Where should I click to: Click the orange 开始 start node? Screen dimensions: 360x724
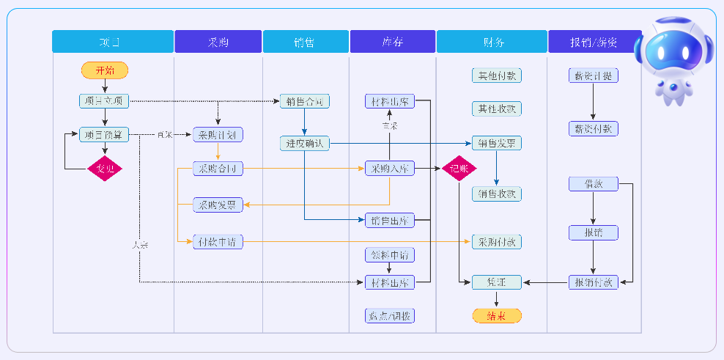tap(105, 70)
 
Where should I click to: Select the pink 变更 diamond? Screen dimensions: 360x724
tap(105, 168)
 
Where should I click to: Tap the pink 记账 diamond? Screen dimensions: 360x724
tap(459, 168)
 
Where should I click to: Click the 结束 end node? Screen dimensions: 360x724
tap(496, 316)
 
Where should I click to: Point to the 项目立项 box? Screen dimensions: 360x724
tap(104, 100)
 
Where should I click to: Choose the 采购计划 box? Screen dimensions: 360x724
tap(218, 135)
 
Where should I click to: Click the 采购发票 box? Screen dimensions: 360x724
tap(218, 205)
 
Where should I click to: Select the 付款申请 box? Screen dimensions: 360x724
tap(218, 240)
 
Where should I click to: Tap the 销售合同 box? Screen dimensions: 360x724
tap(304, 101)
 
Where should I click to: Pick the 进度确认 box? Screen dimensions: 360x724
tap(304, 144)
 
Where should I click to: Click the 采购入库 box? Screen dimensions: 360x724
tap(390, 169)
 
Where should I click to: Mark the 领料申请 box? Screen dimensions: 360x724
tap(390, 255)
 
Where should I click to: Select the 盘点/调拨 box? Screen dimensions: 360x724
tap(390, 316)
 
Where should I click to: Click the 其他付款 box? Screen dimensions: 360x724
tap(496, 76)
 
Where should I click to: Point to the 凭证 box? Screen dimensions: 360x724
tap(496, 282)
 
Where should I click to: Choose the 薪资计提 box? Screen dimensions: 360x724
tap(593, 76)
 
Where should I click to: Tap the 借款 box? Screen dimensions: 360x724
tap(593, 184)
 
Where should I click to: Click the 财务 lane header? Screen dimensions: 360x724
tap(492, 42)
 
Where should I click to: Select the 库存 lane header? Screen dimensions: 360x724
tap(393, 42)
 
